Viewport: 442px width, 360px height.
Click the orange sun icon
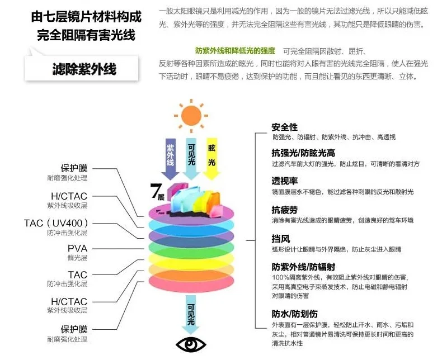point(191,116)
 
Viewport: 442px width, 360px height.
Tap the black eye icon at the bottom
point(191,344)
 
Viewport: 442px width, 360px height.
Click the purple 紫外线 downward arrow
point(170,159)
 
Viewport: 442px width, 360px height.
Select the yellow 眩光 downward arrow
point(211,159)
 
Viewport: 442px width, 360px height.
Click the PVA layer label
point(78,248)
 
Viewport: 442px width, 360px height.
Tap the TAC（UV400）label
point(56,223)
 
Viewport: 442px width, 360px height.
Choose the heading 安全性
point(284,127)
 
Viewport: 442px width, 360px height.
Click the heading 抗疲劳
point(284,210)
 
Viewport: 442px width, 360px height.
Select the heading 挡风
point(280,239)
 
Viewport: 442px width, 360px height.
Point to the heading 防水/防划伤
point(294,314)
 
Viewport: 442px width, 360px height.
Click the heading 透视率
point(284,181)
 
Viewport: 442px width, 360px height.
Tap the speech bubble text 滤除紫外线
point(84,69)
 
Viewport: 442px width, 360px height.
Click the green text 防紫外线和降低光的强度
point(235,51)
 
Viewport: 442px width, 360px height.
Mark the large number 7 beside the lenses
point(156,191)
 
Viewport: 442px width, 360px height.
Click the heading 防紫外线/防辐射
point(303,267)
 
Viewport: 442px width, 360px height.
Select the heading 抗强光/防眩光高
point(303,153)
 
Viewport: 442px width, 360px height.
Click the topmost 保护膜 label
point(74,168)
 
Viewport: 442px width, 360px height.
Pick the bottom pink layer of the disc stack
point(191,283)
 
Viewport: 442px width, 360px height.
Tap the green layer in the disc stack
point(191,248)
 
